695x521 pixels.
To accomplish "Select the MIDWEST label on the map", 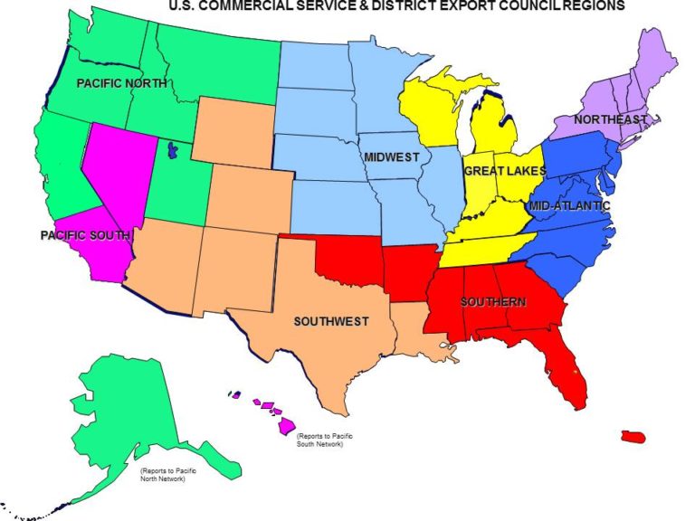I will (392, 157).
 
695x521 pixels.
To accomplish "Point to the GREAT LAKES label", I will (505, 171).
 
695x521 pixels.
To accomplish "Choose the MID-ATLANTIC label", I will (571, 206).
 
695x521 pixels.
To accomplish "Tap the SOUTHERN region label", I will (494, 301).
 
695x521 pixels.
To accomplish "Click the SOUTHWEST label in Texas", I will (331, 321).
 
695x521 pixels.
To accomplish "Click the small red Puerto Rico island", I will (633, 437).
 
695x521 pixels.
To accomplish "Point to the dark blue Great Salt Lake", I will (169, 150).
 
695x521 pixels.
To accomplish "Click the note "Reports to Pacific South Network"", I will (324, 440).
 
